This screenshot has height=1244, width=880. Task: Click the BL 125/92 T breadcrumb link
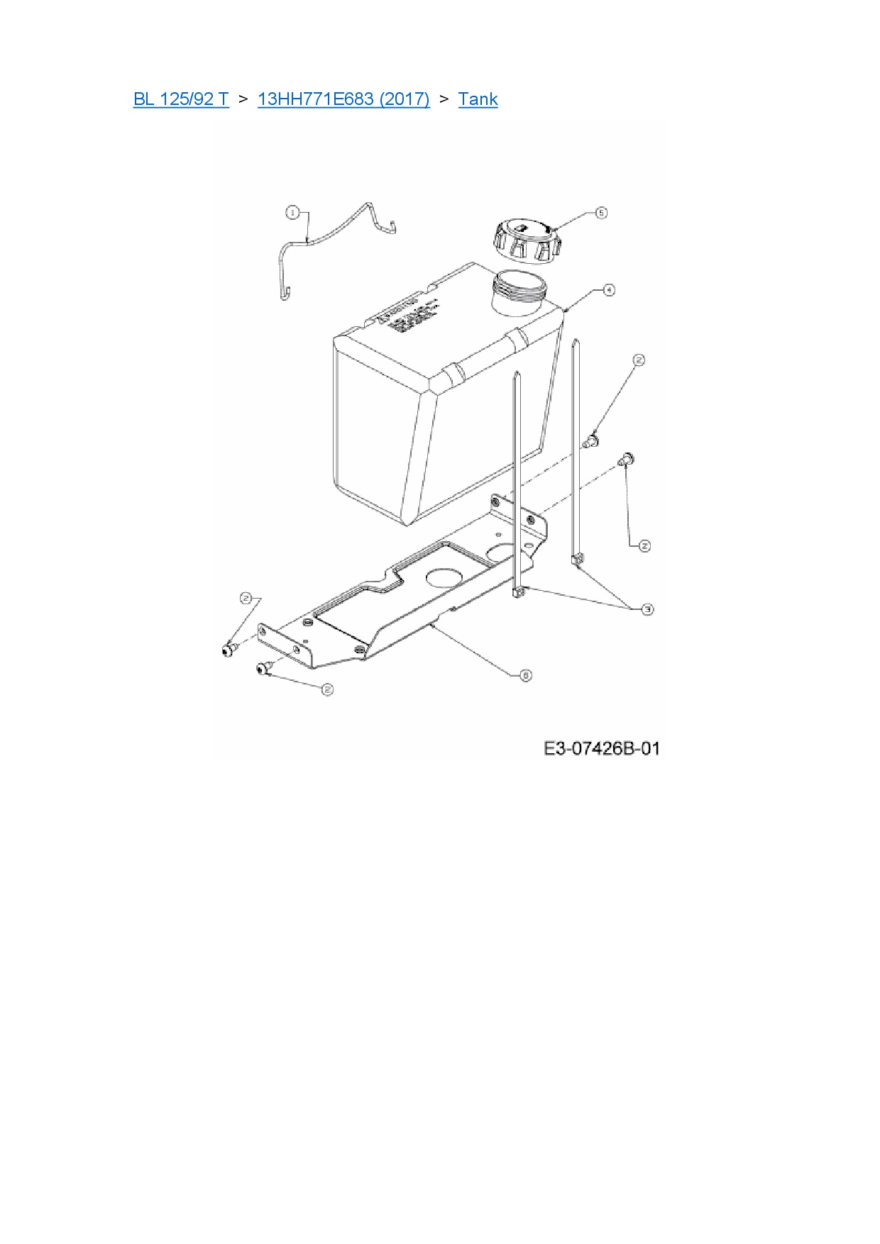click(181, 99)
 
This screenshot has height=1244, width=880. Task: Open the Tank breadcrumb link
click(478, 99)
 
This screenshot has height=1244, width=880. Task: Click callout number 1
click(292, 212)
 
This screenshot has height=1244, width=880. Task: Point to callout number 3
click(647, 609)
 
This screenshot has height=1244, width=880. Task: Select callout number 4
click(608, 289)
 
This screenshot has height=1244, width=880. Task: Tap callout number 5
click(600, 213)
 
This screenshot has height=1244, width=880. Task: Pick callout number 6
click(525, 675)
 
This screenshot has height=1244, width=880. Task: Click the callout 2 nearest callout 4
click(639, 360)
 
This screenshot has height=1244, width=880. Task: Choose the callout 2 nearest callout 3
click(644, 546)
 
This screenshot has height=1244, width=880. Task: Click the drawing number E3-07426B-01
click(602, 748)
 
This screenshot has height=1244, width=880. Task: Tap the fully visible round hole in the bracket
click(446, 575)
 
